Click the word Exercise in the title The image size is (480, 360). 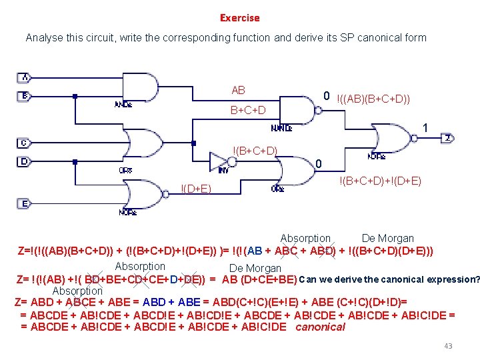click(239, 18)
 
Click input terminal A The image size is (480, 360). click(24, 77)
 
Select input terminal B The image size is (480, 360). click(24, 96)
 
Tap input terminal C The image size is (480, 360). click(24, 143)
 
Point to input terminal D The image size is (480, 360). click(24, 161)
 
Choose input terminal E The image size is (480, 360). click(24, 203)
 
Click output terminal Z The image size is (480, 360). click(448, 138)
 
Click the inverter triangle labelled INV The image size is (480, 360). click(219, 161)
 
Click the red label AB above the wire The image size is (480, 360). click(238, 91)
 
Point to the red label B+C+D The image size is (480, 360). click(247, 110)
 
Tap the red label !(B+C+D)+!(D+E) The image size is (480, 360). click(380, 181)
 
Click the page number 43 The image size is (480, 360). click(447, 346)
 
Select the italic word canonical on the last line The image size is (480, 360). click(320, 327)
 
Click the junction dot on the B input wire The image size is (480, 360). click(75, 96)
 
